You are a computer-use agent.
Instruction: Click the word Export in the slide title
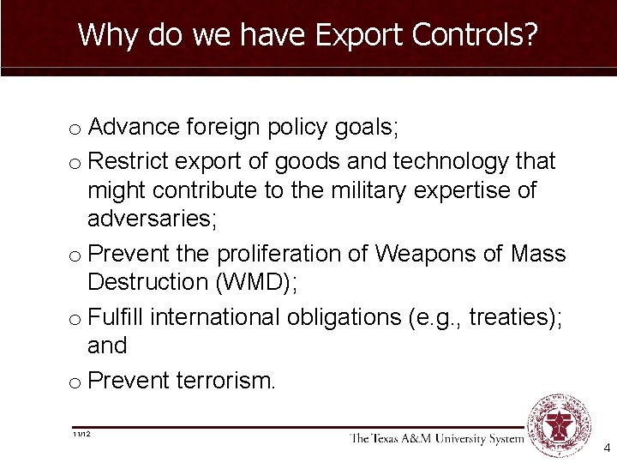360,35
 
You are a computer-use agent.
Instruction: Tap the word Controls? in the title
476,35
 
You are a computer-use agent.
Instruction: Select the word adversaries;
153,219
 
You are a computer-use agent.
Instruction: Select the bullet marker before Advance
75,130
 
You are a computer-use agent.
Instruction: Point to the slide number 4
607,448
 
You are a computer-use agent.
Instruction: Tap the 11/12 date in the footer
82,435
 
